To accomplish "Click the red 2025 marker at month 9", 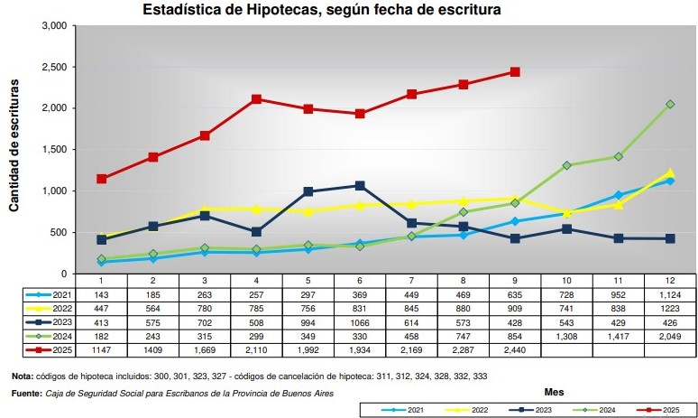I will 515,71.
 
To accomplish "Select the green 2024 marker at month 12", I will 670,104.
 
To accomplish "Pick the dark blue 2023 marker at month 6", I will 360,185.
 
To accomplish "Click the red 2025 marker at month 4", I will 257,98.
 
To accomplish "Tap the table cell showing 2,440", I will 515,348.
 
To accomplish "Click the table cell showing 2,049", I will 670,335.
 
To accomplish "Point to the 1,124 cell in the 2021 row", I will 670,294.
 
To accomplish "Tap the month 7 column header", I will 411,282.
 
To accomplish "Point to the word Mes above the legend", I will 555,393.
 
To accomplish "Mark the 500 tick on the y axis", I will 60,233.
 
